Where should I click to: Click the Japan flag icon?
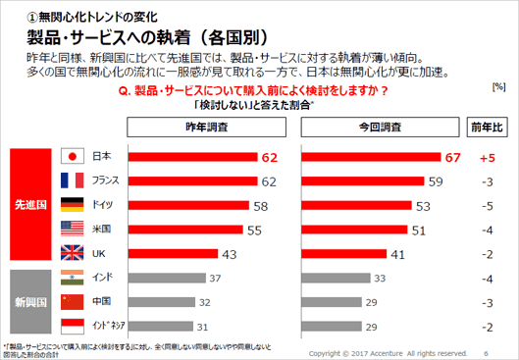click(71, 157)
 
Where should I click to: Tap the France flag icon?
click(71, 180)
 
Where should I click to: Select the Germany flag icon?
click(71, 204)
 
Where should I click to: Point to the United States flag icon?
click(71, 228)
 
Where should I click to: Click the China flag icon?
click(71, 302)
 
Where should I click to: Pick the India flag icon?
click(71, 279)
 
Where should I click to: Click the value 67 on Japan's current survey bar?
click(452, 157)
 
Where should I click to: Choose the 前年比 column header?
click(486, 128)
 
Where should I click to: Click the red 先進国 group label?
click(26, 204)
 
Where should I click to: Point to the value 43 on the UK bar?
click(230, 252)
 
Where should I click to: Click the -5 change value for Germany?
click(486, 205)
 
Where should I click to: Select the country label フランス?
click(105, 180)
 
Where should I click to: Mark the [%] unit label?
click(498, 87)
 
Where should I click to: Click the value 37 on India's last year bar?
click(214, 279)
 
